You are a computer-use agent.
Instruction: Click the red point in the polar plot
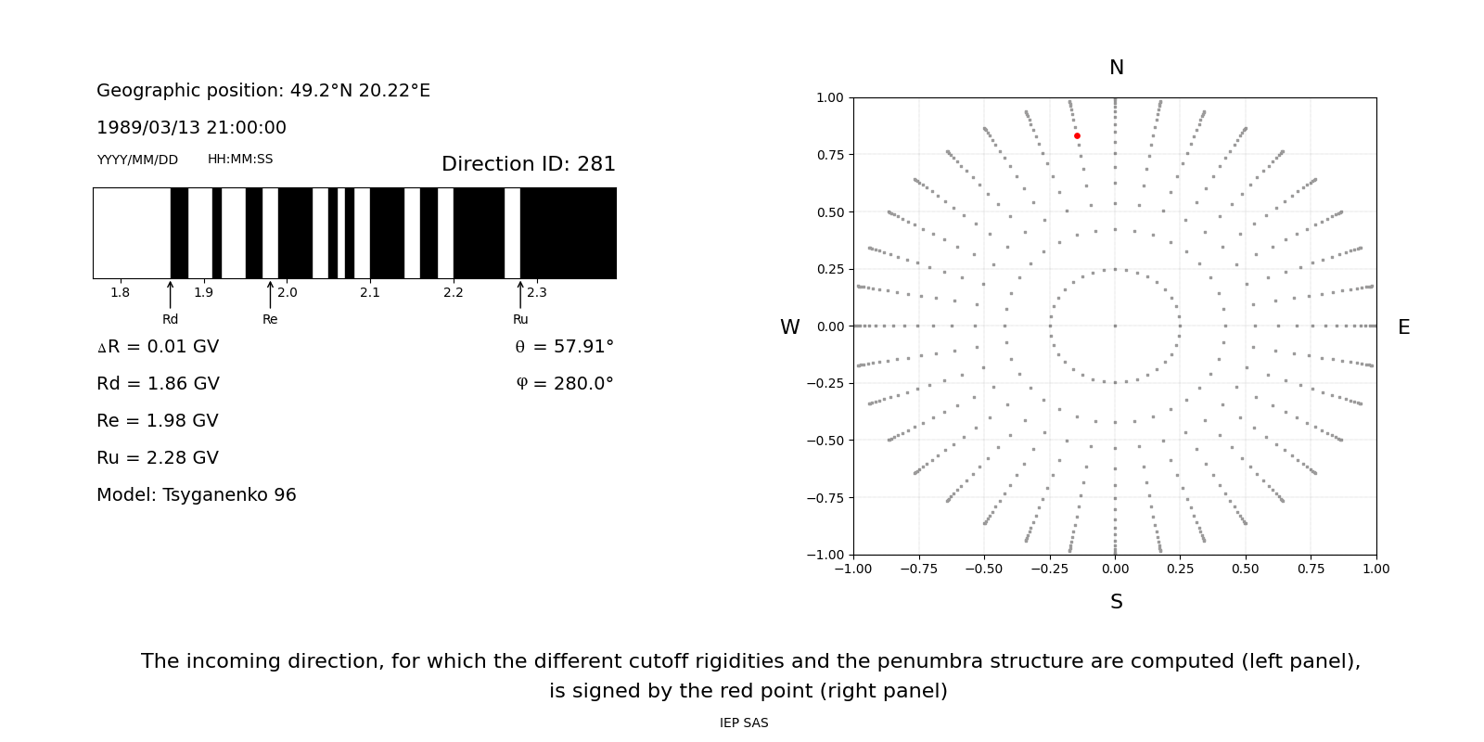click(x=1077, y=136)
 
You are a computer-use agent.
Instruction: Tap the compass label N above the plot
click(x=1116, y=69)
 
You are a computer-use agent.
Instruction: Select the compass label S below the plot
click(x=1116, y=603)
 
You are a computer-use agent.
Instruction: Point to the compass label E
click(x=1403, y=327)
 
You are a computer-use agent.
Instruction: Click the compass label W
click(x=789, y=327)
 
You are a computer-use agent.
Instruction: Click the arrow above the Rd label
click(x=171, y=295)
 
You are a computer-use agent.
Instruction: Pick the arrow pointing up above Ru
click(x=520, y=295)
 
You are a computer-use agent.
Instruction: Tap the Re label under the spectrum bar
click(x=270, y=320)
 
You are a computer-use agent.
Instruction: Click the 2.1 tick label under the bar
click(x=370, y=293)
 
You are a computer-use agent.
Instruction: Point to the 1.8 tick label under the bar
click(x=121, y=293)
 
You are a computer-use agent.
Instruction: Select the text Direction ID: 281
click(x=528, y=164)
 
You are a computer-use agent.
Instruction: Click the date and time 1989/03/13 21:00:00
click(x=191, y=128)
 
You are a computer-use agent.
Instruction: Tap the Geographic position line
click(x=263, y=91)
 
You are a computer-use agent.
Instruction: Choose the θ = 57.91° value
click(x=564, y=347)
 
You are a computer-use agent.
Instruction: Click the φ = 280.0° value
click(x=564, y=384)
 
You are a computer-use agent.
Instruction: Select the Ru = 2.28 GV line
click(x=158, y=458)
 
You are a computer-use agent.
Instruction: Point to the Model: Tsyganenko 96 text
click(x=197, y=495)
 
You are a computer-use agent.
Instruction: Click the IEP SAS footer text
click(x=744, y=723)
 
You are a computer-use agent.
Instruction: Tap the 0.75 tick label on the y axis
click(x=829, y=155)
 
